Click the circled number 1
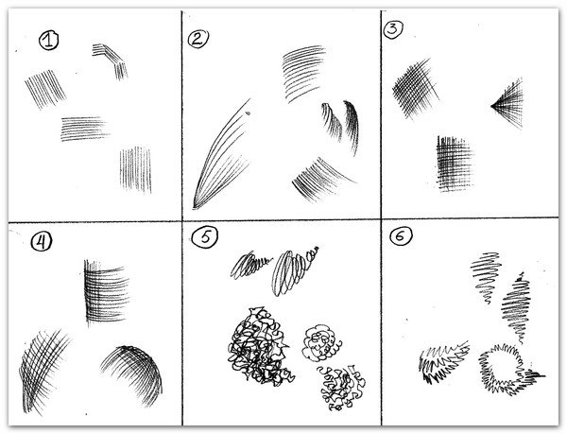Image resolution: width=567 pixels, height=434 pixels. pos(48,40)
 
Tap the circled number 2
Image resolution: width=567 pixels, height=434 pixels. pos(198,39)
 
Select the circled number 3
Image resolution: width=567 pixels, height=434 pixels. pos(393,29)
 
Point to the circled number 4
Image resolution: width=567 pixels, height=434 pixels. pos(42,242)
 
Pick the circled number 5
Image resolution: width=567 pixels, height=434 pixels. pos(205,238)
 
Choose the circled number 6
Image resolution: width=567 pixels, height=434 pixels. pos(401,236)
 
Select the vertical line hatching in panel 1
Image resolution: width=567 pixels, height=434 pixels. pos(135,169)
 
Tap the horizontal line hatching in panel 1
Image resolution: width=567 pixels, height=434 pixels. pos(84,129)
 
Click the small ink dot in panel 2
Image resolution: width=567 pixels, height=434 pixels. pos(248,113)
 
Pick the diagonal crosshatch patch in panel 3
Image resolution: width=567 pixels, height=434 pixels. pos(415,89)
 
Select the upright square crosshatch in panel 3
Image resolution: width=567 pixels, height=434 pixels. pos(455,164)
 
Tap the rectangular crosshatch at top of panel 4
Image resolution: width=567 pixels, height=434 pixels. pos(106,291)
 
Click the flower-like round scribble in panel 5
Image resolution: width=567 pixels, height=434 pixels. pos(321,343)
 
